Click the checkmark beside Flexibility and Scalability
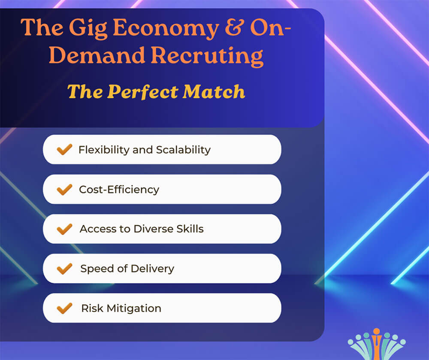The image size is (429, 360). coord(64,149)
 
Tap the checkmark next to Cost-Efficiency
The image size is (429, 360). coord(64,189)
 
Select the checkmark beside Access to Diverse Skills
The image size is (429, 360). coord(64,229)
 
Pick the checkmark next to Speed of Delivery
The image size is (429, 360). coord(64,269)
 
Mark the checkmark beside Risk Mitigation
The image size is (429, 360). coord(64,308)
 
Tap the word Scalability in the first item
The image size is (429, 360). coord(183,150)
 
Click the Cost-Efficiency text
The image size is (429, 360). coord(119,190)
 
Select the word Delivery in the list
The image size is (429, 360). coord(153,269)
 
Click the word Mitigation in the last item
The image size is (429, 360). coord(134,308)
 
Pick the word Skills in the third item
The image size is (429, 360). coord(190,229)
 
